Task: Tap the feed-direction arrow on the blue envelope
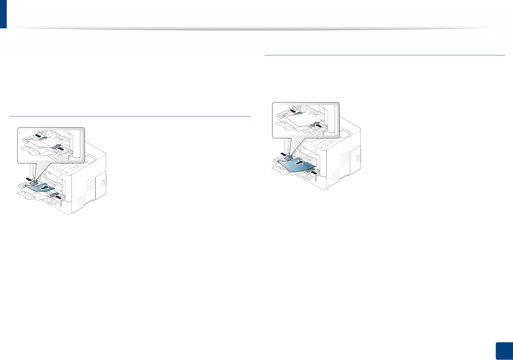coord(45,187)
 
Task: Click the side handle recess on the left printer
coord(103,183)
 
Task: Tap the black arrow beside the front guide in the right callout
coord(319,125)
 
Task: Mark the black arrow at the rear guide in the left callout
coord(37,135)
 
